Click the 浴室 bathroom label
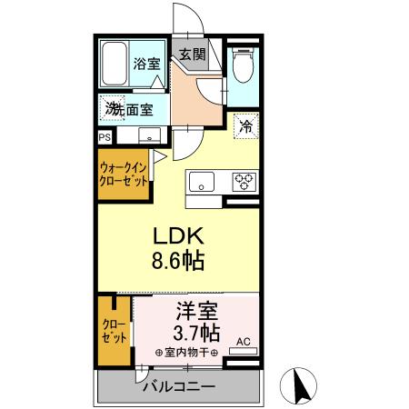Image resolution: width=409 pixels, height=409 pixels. click(x=147, y=64)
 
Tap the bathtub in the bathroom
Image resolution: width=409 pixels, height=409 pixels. click(x=115, y=63)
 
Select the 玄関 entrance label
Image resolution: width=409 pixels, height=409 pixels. click(x=192, y=54)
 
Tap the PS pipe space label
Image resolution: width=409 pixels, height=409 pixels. click(x=103, y=137)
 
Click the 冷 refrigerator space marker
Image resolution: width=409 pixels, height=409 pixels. click(x=244, y=127)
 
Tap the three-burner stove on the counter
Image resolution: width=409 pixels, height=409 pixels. click(x=244, y=181)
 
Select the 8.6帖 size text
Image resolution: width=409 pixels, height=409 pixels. click(x=178, y=261)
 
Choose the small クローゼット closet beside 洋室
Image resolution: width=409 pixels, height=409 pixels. click(x=115, y=331)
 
